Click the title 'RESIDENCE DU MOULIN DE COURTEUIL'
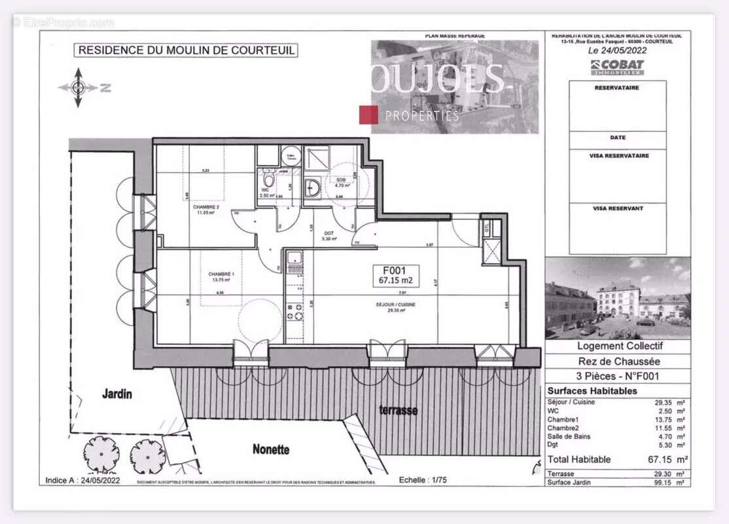[x=186, y=50]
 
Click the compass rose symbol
[x=78, y=87]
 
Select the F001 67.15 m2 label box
[x=396, y=275]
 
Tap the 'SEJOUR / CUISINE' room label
[x=395, y=305]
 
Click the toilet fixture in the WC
[x=268, y=180]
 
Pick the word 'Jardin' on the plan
[x=116, y=394]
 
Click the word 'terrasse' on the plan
[x=399, y=410]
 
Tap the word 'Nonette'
[x=271, y=449]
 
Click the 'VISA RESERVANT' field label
[x=618, y=208]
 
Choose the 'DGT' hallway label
[x=329, y=232]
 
